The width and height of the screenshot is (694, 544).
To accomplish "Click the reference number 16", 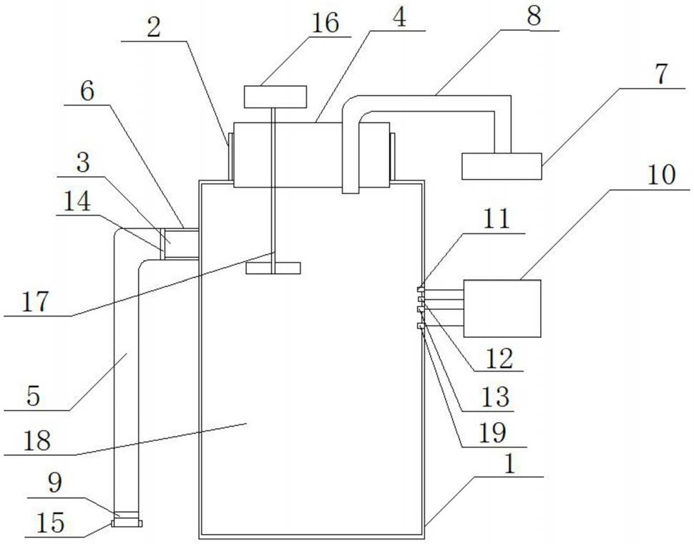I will tap(326, 24).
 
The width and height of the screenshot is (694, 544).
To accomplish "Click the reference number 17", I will tap(34, 301).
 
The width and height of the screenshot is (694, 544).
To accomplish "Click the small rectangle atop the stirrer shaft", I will tap(275, 97).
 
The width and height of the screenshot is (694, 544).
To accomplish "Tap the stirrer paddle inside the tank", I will tap(273, 268).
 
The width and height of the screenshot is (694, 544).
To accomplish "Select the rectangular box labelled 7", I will tap(502, 166).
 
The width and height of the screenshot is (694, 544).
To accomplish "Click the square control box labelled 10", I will tap(502, 308).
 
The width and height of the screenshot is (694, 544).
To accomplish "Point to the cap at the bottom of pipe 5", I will tap(127, 523).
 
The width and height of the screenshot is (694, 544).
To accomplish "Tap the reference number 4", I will tap(399, 18).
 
